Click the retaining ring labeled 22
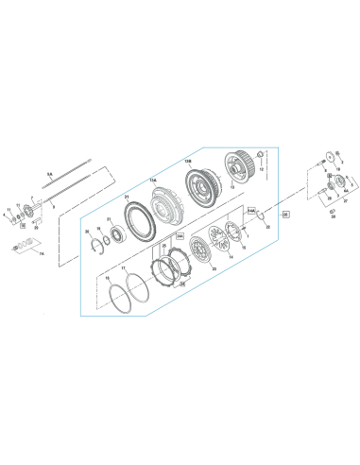coord(255,241)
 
